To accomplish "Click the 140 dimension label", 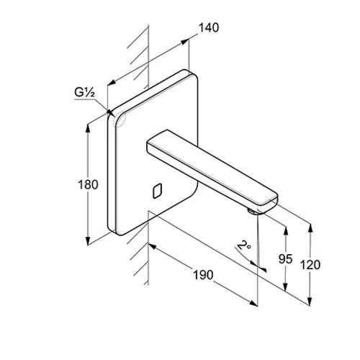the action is [x=209, y=28].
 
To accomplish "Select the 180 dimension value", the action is [x=88, y=185].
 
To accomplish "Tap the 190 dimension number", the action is [x=203, y=275].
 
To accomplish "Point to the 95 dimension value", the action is [x=286, y=259].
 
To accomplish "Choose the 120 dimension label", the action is [x=310, y=265].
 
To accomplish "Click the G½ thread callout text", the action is [x=84, y=93].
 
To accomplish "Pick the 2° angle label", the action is [x=243, y=246].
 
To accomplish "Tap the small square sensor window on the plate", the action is [x=157, y=191].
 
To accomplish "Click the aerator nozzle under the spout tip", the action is [x=252, y=212].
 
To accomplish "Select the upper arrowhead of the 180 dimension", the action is [x=88, y=127].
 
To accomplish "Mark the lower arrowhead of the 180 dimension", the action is [x=88, y=241].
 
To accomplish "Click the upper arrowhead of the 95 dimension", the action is [x=286, y=230].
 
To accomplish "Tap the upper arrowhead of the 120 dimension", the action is [x=310, y=228].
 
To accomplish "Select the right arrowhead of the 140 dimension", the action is [x=185, y=41].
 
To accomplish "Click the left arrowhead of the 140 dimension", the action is [x=111, y=83].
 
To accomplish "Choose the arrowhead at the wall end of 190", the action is [x=153, y=247].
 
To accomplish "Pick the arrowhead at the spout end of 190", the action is [x=253, y=303].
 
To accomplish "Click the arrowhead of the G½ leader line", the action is [x=109, y=112].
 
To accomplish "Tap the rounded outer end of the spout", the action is [x=274, y=202].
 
